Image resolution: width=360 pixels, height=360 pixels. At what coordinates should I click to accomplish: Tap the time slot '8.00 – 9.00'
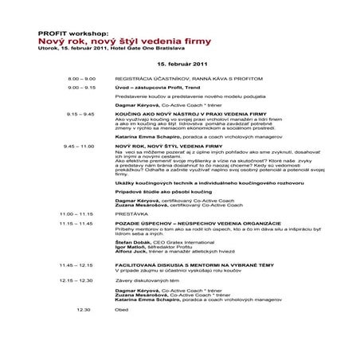[81, 80]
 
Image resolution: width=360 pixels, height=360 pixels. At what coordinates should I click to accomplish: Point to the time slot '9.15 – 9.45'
[81, 114]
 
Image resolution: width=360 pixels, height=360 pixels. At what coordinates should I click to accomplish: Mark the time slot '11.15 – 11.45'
[76, 225]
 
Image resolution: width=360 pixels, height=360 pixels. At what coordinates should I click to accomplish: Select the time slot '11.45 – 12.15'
[76, 263]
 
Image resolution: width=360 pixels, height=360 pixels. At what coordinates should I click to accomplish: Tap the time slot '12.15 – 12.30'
[76, 280]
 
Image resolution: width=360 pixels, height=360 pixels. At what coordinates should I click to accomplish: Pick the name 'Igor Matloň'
[130, 248]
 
